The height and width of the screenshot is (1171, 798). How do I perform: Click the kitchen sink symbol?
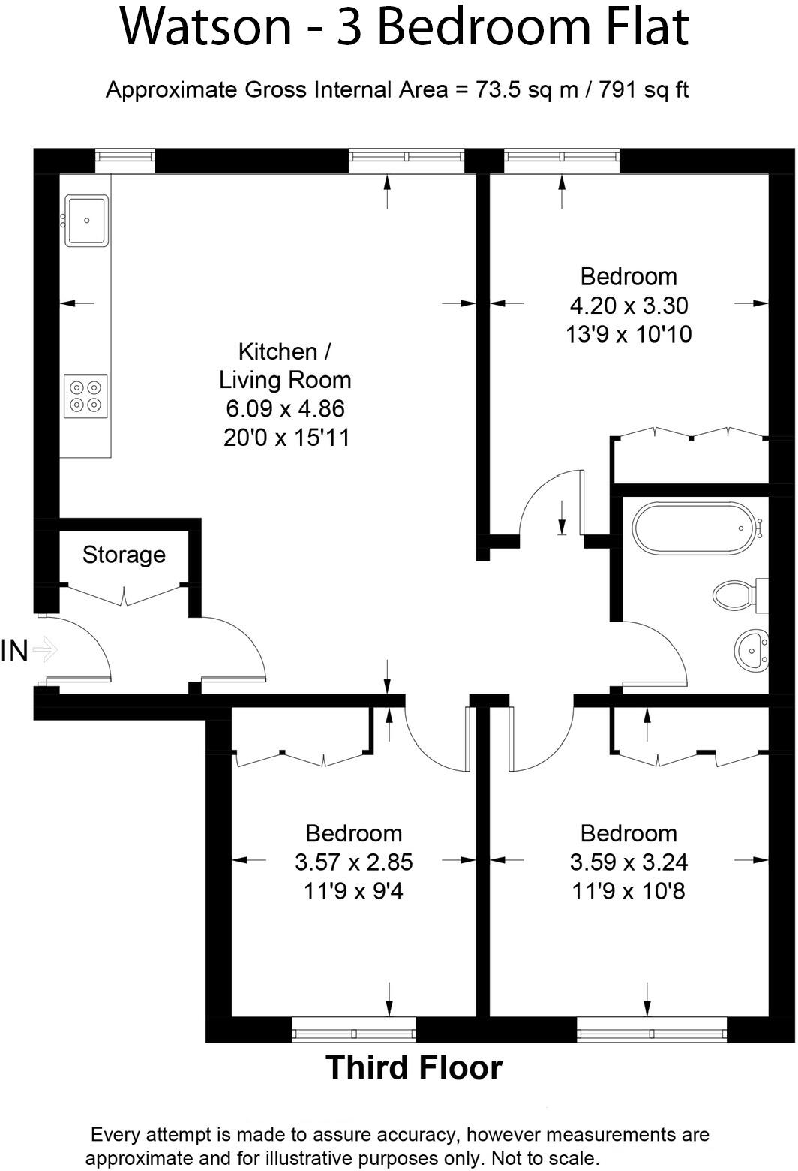(87, 220)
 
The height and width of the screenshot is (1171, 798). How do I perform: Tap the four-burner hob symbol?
(85, 396)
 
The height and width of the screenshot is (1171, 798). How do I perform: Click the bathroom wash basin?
(750, 650)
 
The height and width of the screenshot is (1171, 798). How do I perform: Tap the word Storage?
(124, 555)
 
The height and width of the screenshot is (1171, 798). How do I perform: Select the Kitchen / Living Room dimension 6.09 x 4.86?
(285, 409)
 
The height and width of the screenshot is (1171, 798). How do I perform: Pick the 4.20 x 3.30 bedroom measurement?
(628, 306)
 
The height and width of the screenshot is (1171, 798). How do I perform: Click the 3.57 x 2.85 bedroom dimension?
(353, 862)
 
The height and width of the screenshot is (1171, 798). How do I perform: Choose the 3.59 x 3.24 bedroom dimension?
(628, 862)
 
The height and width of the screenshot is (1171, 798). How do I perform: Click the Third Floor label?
(414, 1067)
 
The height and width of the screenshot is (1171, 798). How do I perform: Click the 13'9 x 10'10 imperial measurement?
(628, 334)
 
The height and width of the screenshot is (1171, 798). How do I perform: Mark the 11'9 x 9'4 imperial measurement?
(353, 892)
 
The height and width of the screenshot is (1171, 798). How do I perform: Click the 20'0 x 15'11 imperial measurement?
(286, 438)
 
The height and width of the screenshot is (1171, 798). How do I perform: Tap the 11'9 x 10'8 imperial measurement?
(628, 892)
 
